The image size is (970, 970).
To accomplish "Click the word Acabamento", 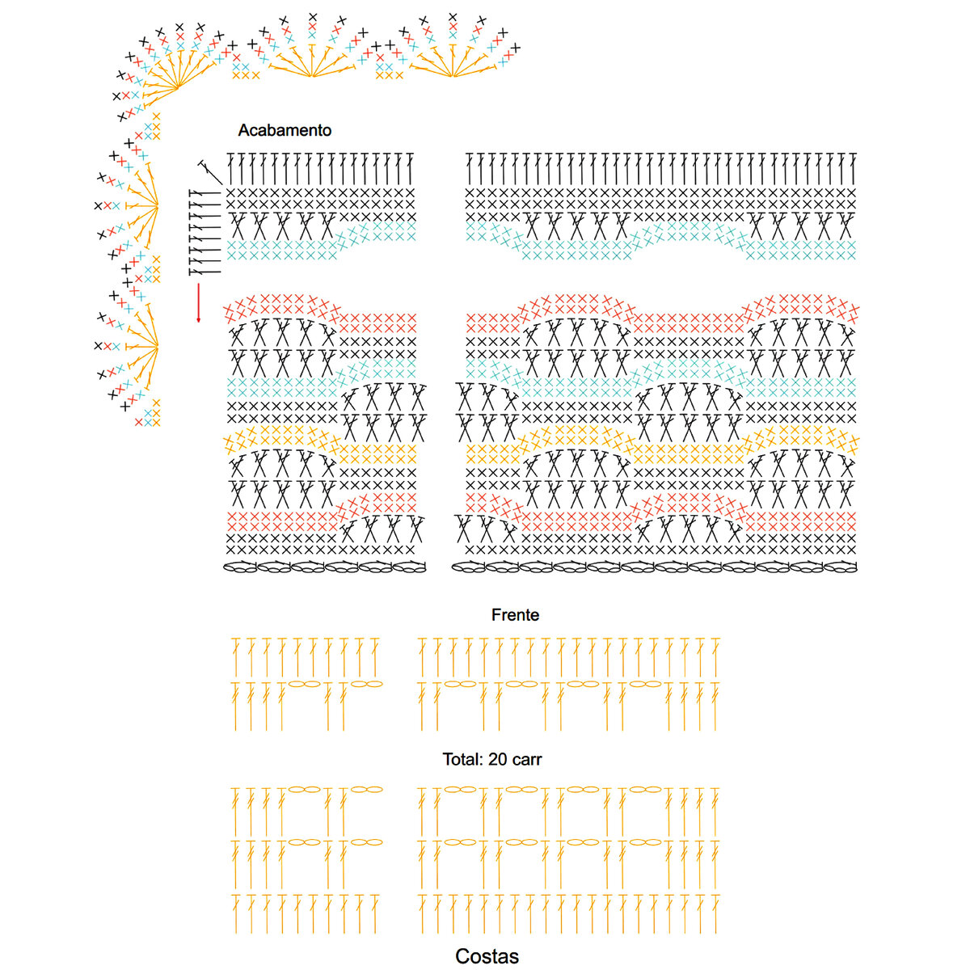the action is pyautogui.click(x=285, y=130).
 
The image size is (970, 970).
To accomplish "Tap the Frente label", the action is pyautogui.click(x=515, y=615).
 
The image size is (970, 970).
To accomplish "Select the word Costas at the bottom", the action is pyautogui.click(x=487, y=956).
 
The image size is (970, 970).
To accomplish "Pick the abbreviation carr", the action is pyautogui.click(x=527, y=760).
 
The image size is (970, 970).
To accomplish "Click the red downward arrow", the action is pyautogui.click(x=198, y=302).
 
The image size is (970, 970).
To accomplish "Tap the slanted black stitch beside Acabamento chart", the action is pyautogui.click(x=209, y=171).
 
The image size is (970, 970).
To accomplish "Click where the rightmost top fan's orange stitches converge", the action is pyautogui.click(x=455, y=77).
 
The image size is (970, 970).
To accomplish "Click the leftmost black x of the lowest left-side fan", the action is pyautogui.click(x=99, y=345).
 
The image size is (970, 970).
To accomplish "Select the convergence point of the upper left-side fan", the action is pyautogui.click(x=158, y=205).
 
